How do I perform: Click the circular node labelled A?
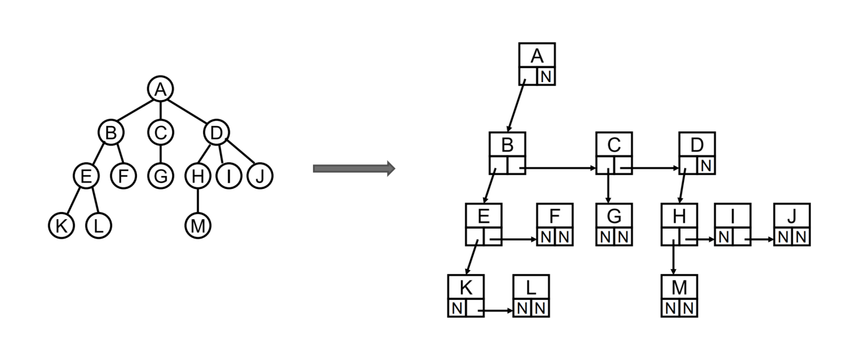tap(160, 89)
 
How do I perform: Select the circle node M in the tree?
tap(198, 225)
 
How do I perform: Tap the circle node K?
tap(62, 225)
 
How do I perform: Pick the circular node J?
tap(260, 176)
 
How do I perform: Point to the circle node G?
tap(160, 176)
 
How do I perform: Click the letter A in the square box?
tap(537, 56)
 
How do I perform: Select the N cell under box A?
tap(546, 76)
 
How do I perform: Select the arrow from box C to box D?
tap(650, 168)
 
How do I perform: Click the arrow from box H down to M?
tap(673, 257)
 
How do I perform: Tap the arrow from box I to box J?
tap(759, 239)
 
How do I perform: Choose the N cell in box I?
tap(724, 237)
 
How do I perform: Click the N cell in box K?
tap(457, 308)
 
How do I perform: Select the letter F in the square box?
tap(554, 216)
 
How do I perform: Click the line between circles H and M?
tap(198, 201)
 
